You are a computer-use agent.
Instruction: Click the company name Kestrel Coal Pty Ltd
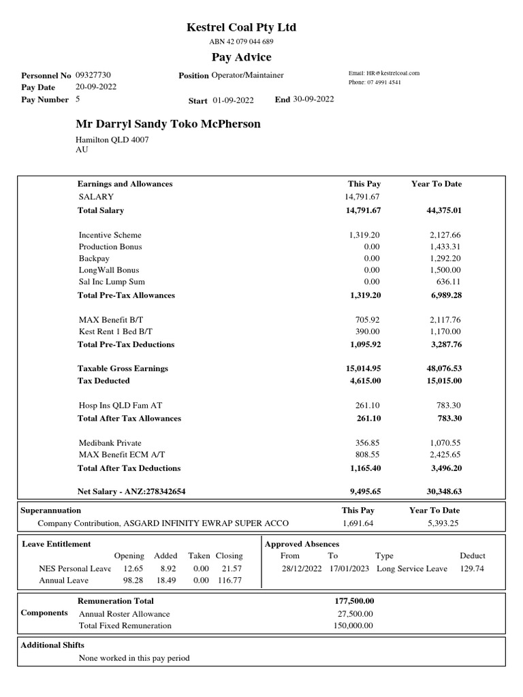(x=241, y=27)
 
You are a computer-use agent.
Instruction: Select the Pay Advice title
(x=241, y=57)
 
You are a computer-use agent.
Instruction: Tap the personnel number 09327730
(x=93, y=76)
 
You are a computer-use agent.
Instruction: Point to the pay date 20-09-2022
(x=95, y=87)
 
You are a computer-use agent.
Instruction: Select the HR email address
(x=384, y=73)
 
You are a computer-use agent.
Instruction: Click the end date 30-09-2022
(x=313, y=99)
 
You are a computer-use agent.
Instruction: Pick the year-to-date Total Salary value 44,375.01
(x=444, y=210)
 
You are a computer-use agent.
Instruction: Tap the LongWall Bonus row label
(x=109, y=270)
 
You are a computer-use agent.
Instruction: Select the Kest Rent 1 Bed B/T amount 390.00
(x=368, y=331)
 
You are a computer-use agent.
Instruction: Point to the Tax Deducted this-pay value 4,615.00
(x=364, y=380)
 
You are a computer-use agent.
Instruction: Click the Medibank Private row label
(x=110, y=442)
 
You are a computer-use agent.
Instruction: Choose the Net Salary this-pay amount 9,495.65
(x=364, y=491)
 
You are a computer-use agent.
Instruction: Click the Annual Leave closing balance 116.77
(x=229, y=581)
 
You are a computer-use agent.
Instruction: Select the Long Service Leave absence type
(x=412, y=568)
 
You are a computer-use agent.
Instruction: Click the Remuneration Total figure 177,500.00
(x=355, y=601)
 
